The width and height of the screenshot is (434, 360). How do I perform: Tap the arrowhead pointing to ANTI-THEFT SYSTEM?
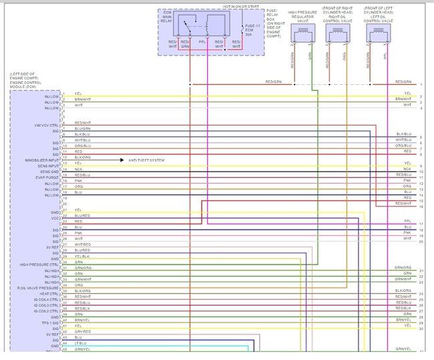122,161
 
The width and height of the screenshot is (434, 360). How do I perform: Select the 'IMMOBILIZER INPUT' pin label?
42,161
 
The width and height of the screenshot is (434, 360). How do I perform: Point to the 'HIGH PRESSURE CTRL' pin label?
39,264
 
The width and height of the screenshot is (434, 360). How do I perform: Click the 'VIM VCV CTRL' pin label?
47,125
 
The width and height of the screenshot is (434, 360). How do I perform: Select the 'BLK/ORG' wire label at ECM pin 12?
83,156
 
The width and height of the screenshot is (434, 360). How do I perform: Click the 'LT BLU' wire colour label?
80,343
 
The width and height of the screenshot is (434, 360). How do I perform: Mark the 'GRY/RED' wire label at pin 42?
82,331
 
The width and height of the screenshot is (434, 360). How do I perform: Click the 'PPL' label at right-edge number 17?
407,221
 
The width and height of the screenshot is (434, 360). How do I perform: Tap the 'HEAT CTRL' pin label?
51,293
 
